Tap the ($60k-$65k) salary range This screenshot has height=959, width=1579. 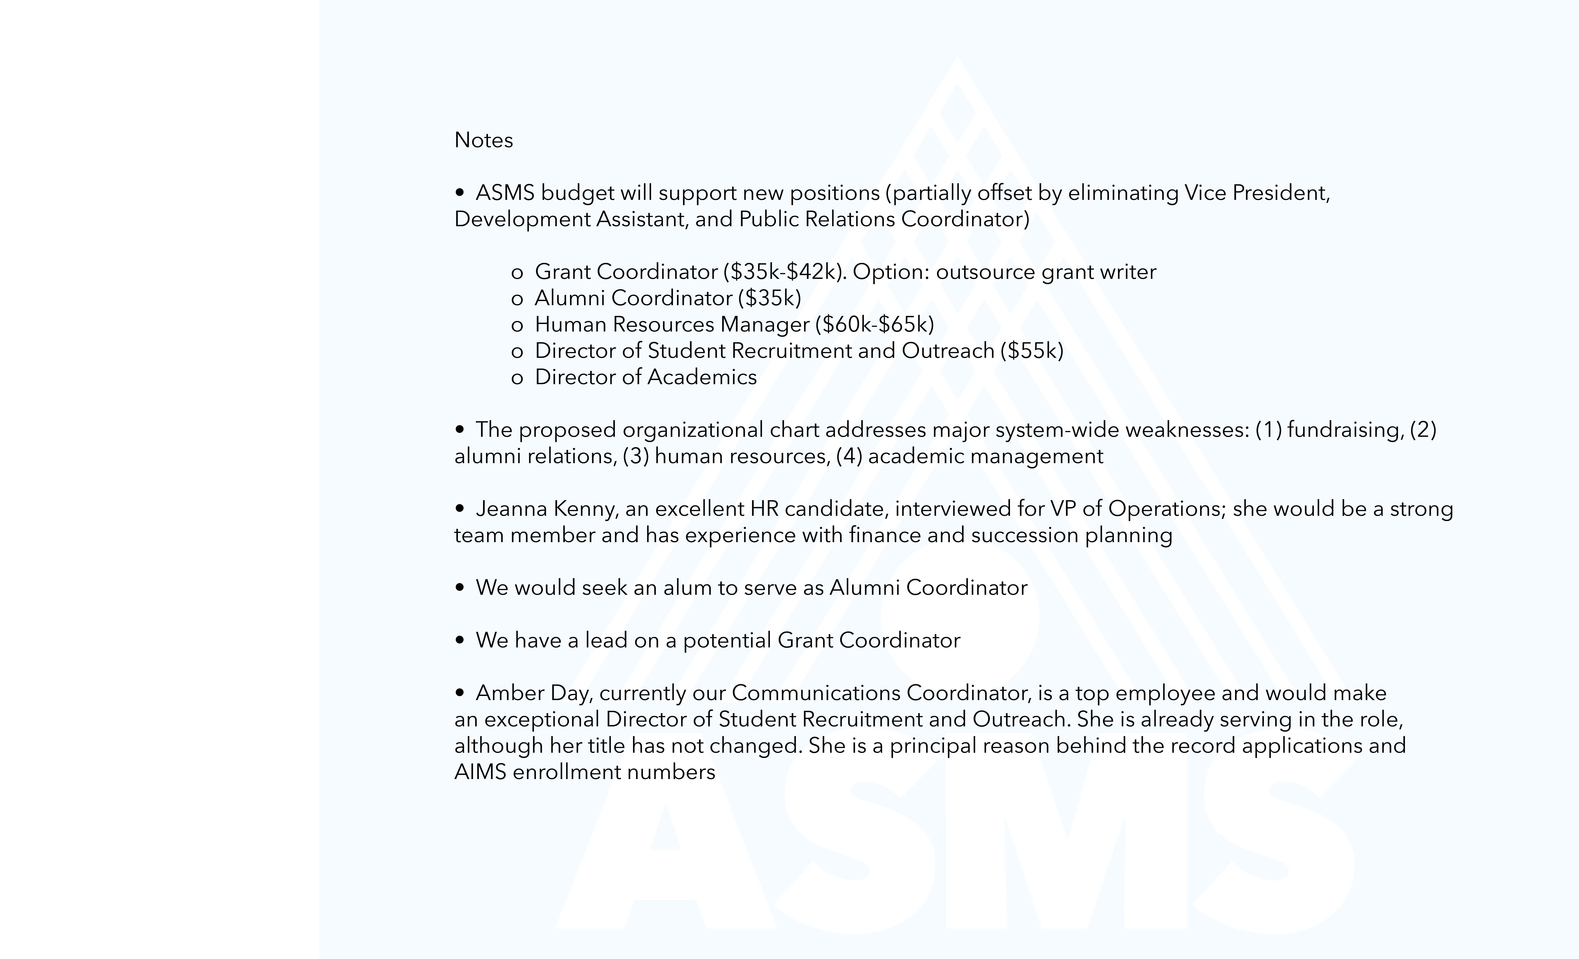(874, 324)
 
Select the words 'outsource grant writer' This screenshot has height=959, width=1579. (1046, 272)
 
